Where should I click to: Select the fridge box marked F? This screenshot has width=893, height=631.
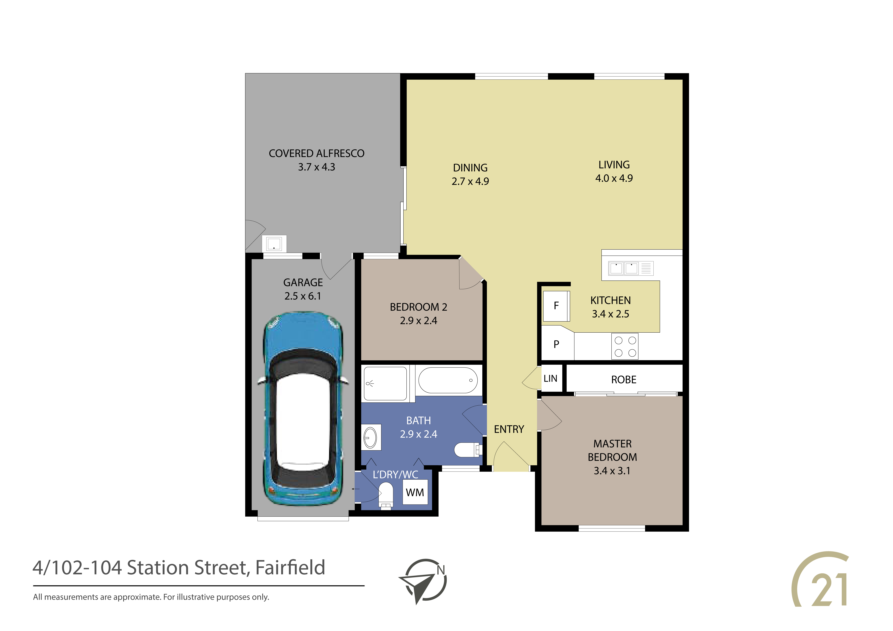pos(556,306)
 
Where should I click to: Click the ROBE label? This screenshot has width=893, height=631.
pos(624,380)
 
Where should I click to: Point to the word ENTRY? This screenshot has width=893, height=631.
pos(509,429)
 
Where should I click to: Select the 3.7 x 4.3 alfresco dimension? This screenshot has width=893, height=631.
pos(317,167)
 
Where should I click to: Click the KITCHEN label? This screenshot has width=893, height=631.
pos(611,301)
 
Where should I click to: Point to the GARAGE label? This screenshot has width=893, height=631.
pos(303,283)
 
